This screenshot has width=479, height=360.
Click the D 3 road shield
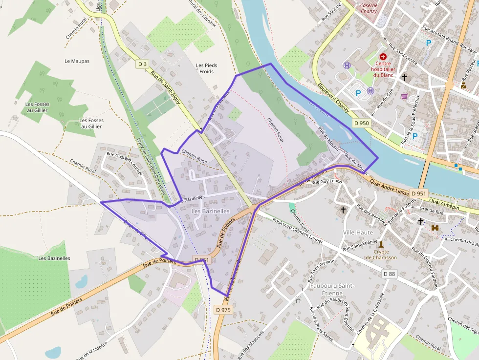coord(142,64)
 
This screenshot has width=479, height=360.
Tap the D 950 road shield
coord(361,123)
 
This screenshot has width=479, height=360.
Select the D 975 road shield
coord(223,310)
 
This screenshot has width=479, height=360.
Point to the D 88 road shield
coord(389,274)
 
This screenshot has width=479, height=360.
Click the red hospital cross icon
coord(383,57)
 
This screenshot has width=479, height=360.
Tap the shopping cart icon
coord(404,96)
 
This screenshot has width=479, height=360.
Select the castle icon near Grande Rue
coord(435,227)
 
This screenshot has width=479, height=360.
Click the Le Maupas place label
coord(77,61)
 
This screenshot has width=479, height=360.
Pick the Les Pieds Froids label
coord(206,68)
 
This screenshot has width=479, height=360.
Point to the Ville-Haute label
coord(358,233)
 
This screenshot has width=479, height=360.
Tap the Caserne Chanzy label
coord(369,8)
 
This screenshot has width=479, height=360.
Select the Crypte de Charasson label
coord(381,254)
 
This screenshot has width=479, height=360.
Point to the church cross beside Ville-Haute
coord(343,210)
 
